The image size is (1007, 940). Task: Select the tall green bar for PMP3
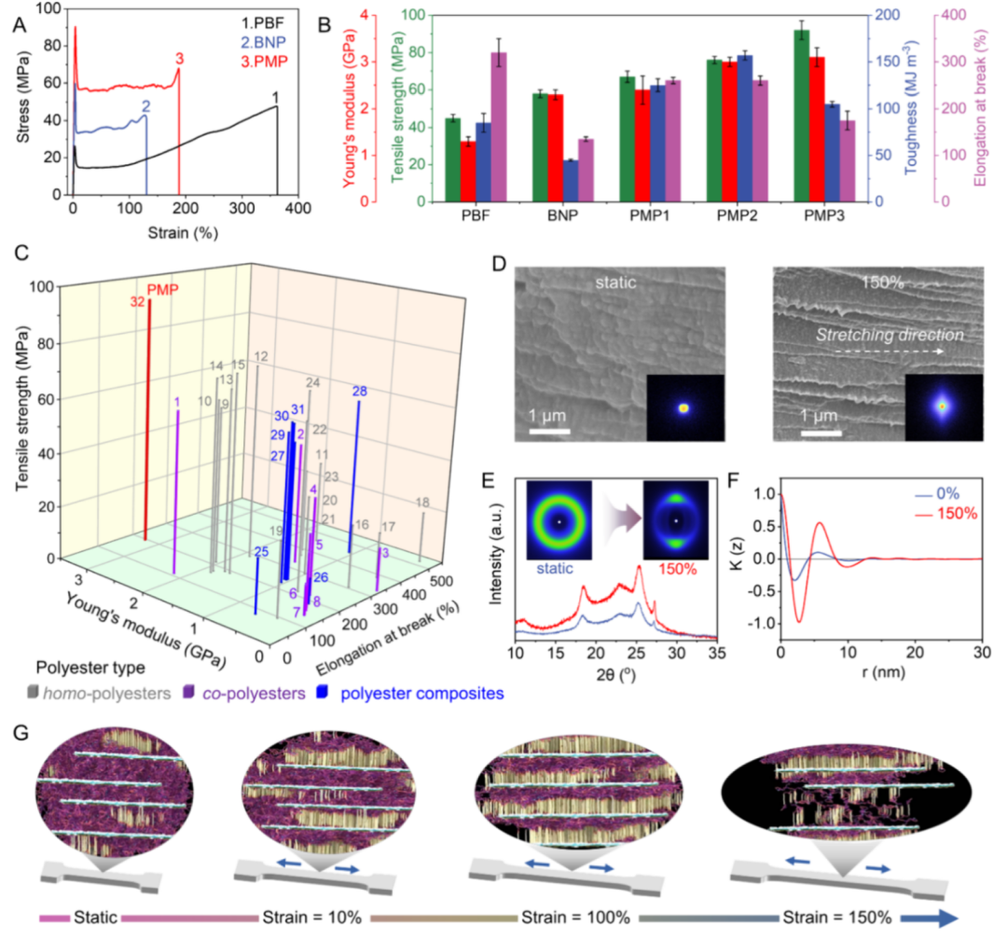click(x=801, y=116)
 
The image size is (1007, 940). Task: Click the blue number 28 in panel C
click(x=360, y=391)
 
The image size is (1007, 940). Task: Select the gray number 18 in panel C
click(x=422, y=503)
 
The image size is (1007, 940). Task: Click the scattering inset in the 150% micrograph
click(x=943, y=407)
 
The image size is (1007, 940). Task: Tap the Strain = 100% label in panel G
click(x=556, y=917)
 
